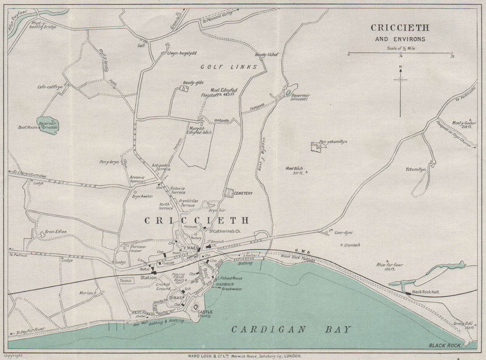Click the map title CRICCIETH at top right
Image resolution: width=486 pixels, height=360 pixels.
[x=400, y=28]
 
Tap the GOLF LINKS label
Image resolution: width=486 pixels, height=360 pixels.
[x=229, y=67]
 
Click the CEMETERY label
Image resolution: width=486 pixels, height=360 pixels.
[x=243, y=193]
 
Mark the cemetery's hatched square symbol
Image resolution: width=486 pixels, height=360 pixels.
[x=228, y=193]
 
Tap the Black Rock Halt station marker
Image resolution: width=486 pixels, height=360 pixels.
[x=408, y=293]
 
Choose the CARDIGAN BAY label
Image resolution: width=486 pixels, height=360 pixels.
[x=291, y=330]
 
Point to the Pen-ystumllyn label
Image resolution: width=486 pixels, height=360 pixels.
[x=333, y=142]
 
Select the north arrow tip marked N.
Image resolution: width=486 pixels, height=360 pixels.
[x=400, y=70]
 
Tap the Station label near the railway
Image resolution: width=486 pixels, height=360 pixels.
[x=148, y=277]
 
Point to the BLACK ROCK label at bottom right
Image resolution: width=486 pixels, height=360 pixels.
[x=444, y=345]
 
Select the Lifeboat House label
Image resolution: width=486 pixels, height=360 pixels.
[x=229, y=278]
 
